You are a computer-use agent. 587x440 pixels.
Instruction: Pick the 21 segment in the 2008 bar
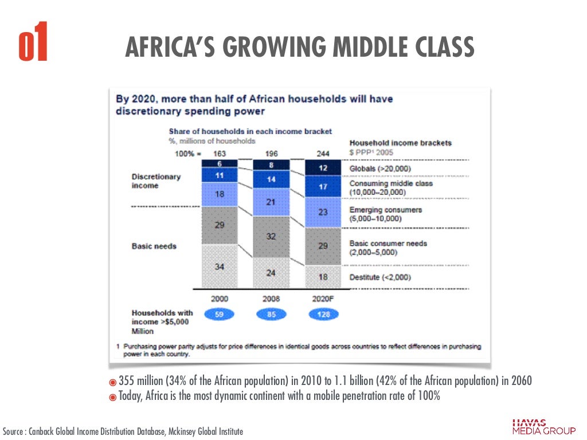(271, 202)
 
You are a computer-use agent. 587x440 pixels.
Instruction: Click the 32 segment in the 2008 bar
(271, 236)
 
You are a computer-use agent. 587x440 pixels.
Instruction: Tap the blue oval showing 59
(219, 315)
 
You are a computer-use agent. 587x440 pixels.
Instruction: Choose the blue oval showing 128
(323, 315)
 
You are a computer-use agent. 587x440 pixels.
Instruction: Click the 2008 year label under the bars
(271, 298)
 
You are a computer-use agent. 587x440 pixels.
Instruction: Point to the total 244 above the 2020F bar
(322, 153)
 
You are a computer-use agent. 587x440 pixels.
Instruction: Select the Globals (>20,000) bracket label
(381, 168)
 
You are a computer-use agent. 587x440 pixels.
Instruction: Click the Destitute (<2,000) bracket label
(379, 277)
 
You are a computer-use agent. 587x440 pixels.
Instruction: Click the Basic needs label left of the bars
(154, 246)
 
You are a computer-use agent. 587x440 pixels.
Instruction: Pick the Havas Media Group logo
(544, 427)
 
